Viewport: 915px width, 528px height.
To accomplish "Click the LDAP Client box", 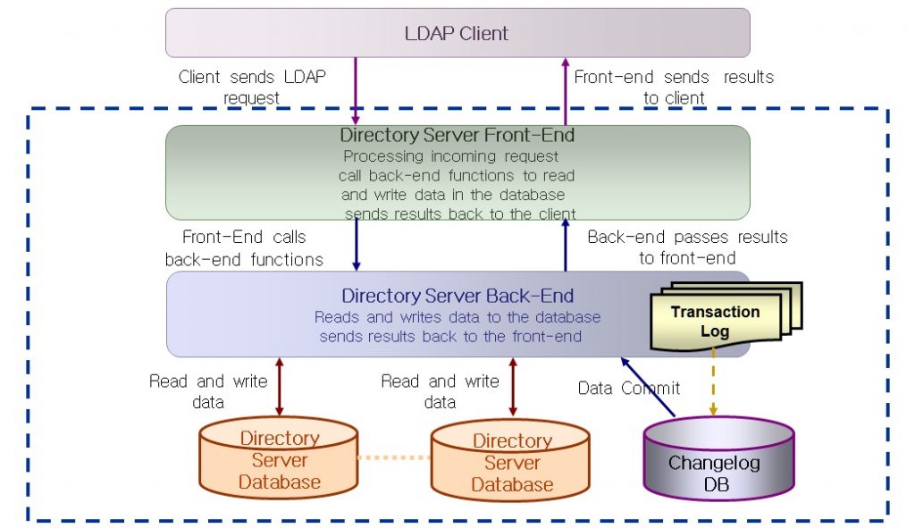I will (457, 34).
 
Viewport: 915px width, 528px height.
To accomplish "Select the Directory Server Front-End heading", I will (457, 136).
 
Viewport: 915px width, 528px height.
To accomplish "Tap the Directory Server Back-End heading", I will (457, 296).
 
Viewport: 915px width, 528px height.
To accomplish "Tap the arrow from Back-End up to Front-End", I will (565, 247).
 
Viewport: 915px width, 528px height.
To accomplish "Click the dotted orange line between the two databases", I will (394, 457).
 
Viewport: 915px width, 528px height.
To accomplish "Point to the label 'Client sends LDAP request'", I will (252, 87).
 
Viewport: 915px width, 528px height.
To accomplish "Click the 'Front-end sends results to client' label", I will (674, 87).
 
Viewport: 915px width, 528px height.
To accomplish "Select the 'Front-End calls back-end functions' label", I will (244, 248).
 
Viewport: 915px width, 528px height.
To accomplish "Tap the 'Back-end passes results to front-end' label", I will (687, 247).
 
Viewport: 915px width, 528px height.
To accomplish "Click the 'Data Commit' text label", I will (628, 388).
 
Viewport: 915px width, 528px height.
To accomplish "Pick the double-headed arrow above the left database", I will (279, 387).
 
